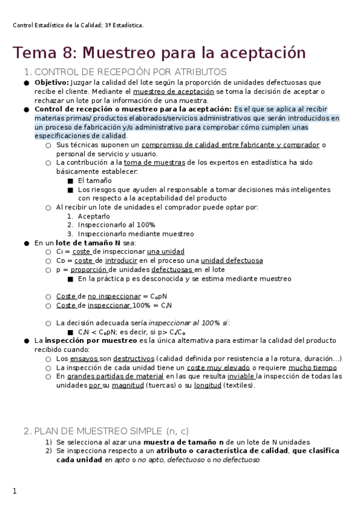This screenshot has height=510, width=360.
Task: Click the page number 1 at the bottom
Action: [15, 491]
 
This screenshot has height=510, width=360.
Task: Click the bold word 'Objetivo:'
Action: [52, 82]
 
